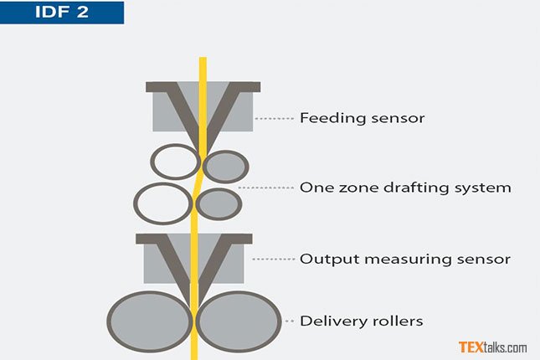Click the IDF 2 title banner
[x=62, y=13]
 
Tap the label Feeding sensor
[x=362, y=118]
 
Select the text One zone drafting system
[x=404, y=188]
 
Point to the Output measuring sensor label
[x=404, y=259]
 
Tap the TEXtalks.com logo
[x=492, y=347]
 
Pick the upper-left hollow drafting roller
[x=175, y=162]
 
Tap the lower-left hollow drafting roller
[x=163, y=202]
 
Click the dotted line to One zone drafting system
[x=266, y=188]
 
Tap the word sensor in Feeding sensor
[x=399, y=118]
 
